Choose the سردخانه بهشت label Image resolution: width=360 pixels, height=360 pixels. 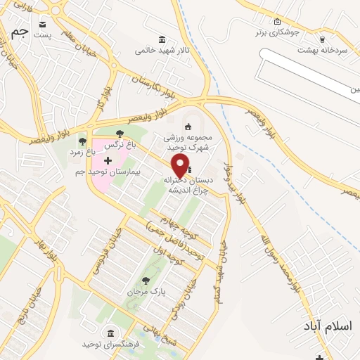(x=321, y=50)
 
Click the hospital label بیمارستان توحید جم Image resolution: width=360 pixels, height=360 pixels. (x=108, y=172)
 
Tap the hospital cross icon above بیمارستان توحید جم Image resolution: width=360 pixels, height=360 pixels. (x=108, y=161)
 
